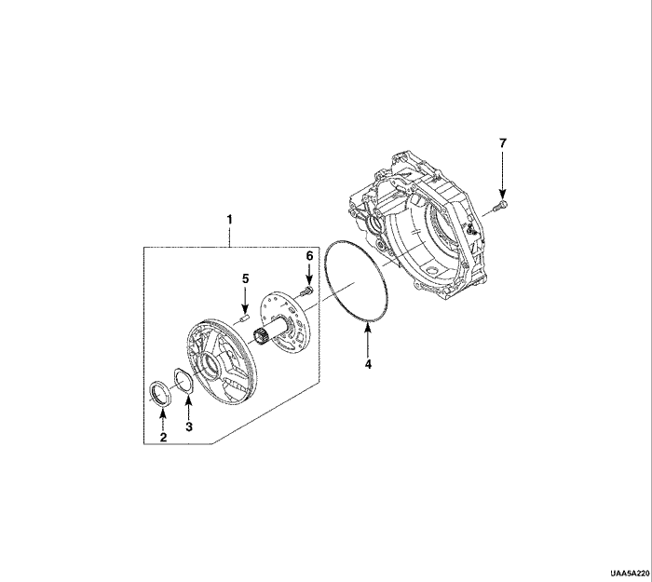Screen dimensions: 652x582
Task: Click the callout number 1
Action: pos(229,219)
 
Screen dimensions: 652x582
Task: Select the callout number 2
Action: pos(163,437)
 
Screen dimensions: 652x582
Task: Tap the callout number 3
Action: pos(189,426)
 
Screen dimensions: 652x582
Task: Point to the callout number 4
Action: pos(368,364)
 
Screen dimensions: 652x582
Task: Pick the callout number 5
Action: pos(246,278)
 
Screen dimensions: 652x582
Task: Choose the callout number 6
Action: pos(309,256)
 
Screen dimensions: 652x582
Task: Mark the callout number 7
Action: pos(503,143)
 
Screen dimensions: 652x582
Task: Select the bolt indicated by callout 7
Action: pos(500,206)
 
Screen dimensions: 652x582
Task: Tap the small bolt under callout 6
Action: pos(306,291)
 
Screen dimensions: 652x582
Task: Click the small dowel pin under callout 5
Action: pos(244,318)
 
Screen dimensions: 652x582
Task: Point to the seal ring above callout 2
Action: pos(160,393)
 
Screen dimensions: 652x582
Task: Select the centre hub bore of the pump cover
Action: pos(210,365)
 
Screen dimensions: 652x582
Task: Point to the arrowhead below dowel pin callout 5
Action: pos(245,309)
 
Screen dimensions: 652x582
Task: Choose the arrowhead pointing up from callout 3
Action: pos(188,401)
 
